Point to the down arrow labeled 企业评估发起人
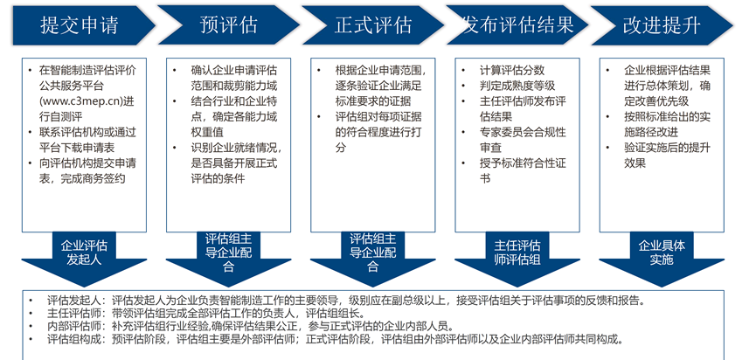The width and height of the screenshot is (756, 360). coord(84,259)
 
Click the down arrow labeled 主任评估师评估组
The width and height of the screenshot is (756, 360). coord(517,259)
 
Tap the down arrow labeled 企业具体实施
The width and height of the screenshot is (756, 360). coord(662,259)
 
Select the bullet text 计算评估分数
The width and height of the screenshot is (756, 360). coord(511,71)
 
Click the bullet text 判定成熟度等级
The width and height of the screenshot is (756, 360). coord(517,86)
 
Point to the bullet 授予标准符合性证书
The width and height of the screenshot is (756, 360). coord(523,170)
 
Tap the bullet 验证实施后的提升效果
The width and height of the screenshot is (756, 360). coord(667,156)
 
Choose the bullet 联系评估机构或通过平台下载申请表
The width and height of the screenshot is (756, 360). coord(87,140)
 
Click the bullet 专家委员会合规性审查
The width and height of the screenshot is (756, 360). coord(523,140)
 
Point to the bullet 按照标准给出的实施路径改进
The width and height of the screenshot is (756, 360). coord(667,124)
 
